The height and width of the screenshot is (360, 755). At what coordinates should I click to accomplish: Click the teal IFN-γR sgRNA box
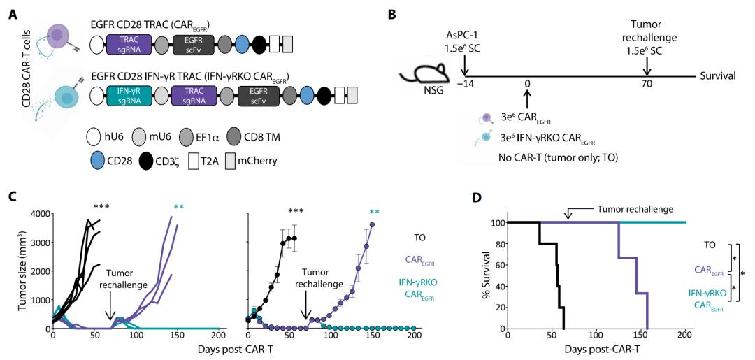click(130, 96)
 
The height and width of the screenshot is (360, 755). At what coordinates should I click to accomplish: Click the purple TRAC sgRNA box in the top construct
click(130, 45)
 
